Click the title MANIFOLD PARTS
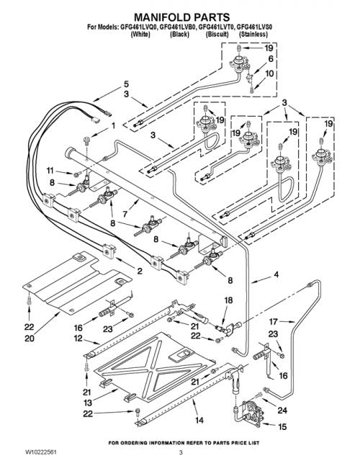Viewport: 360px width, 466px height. (x=182, y=17)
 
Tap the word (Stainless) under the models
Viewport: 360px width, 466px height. (x=253, y=34)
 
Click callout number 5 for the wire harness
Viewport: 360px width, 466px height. (x=126, y=84)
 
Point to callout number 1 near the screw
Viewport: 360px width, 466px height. (x=113, y=126)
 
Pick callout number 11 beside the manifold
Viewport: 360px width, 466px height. (x=50, y=170)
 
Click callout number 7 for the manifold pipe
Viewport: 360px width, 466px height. (x=126, y=214)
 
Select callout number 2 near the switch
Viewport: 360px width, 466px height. (x=139, y=271)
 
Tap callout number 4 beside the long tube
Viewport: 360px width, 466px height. (x=276, y=274)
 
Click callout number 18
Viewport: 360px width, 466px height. (x=228, y=300)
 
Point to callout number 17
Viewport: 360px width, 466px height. (x=274, y=321)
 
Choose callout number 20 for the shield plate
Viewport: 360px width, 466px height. (x=30, y=339)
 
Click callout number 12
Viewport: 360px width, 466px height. (x=78, y=339)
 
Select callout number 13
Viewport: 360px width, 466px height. (x=89, y=403)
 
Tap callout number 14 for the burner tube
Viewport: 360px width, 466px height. (x=199, y=420)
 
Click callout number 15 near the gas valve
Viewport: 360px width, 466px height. (x=282, y=427)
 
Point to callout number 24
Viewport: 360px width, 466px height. (x=282, y=411)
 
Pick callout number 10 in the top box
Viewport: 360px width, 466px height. (x=269, y=73)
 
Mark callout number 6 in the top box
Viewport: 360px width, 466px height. (x=271, y=59)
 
